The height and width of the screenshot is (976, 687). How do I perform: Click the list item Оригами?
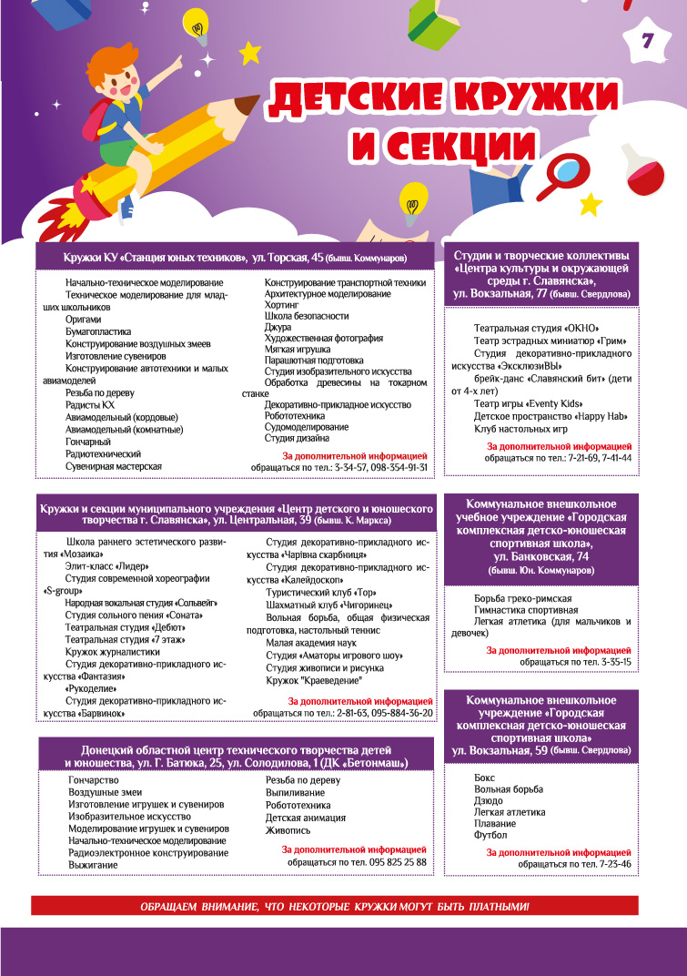click(x=84, y=320)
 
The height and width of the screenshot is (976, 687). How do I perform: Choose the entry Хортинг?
click(x=280, y=305)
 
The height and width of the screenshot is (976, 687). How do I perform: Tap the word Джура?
click(x=278, y=327)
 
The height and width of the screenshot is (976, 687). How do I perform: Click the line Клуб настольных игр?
click(x=520, y=428)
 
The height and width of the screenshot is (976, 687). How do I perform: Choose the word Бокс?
click(x=484, y=779)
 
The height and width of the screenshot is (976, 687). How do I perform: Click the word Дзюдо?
click(x=489, y=801)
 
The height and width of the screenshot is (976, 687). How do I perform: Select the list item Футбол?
click(x=490, y=835)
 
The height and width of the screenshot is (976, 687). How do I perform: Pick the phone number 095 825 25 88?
click(x=390, y=860)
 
